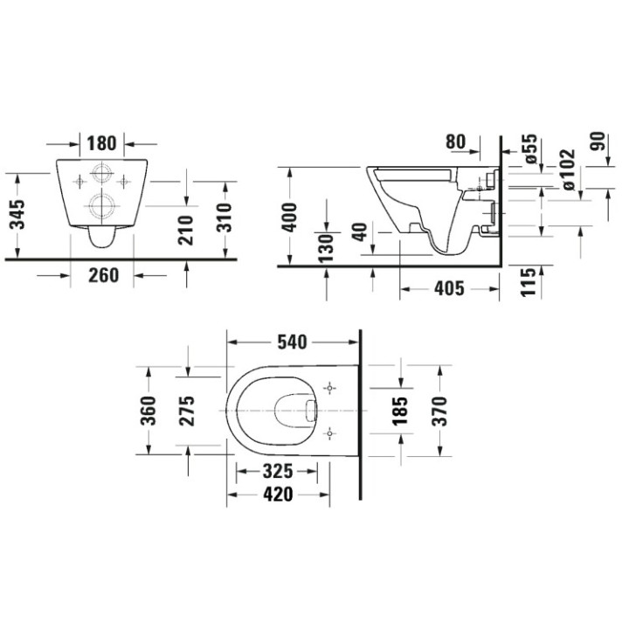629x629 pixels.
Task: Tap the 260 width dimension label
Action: (x=102, y=275)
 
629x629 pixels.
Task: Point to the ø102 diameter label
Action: (x=567, y=170)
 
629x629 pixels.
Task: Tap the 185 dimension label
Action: (x=400, y=410)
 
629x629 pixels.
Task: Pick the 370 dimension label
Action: (x=439, y=410)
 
